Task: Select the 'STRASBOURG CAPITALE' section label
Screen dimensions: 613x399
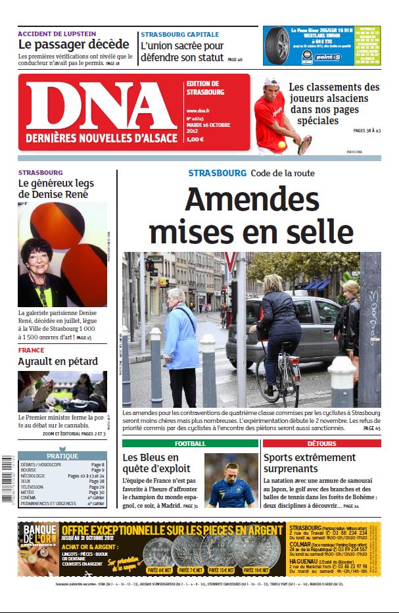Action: pyautogui.click(x=179, y=34)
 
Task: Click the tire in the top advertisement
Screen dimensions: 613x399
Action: pyautogui.click(x=278, y=45)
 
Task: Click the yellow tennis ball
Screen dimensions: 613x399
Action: pyautogui.click(x=281, y=145)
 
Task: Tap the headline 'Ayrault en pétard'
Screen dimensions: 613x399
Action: pyautogui.click(x=58, y=361)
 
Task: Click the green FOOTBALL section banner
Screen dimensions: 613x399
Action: pyautogui.click(x=190, y=443)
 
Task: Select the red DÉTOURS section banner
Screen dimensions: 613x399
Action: pyautogui.click(x=321, y=443)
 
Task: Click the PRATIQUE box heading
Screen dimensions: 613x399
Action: pyautogui.click(x=62, y=456)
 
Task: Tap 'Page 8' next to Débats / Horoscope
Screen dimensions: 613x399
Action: pyautogui.click(x=97, y=464)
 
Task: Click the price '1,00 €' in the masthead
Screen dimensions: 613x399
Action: pyautogui.click(x=195, y=139)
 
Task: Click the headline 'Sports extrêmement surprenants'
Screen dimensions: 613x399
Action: pyautogui.click(x=309, y=463)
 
